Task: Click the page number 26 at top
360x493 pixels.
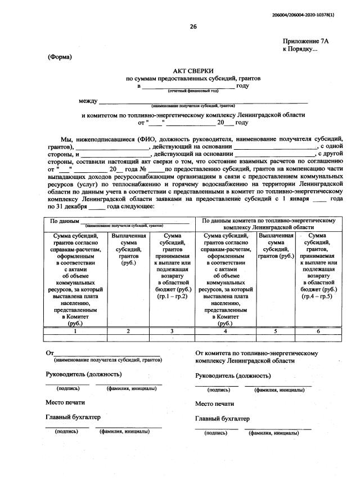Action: click(x=193, y=26)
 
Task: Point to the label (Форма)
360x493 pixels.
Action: click(x=60, y=57)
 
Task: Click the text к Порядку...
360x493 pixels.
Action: click(x=300, y=50)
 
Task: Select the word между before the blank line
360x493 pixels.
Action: click(x=88, y=101)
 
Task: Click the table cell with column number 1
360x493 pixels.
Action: click(x=75, y=331)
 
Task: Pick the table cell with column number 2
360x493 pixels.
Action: click(x=128, y=331)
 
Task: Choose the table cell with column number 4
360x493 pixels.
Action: click(x=225, y=331)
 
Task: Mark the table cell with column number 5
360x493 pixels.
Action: click(x=276, y=331)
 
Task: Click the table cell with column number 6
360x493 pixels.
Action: click(x=318, y=331)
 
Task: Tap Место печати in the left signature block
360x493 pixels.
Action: click(x=65, y=402)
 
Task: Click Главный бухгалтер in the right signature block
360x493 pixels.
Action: click(x=223, y=418)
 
